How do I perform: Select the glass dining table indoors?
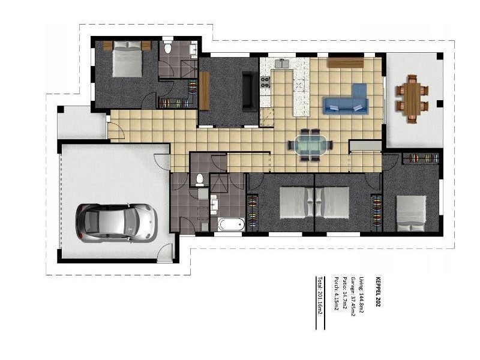tap(310, 145)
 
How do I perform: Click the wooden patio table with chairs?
tap(412, 98)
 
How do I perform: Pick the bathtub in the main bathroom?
tap(230, 225)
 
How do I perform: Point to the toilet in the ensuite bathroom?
tap(169, 48)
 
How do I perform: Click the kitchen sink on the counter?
tap(282, 63)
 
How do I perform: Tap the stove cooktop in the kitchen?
tap(265, 82)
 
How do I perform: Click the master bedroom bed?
tap(127, 61)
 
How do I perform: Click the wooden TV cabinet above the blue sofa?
tap(346, 62)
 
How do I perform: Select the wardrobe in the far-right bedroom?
tap(419, 158)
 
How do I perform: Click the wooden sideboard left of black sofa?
tap(205, 91)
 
